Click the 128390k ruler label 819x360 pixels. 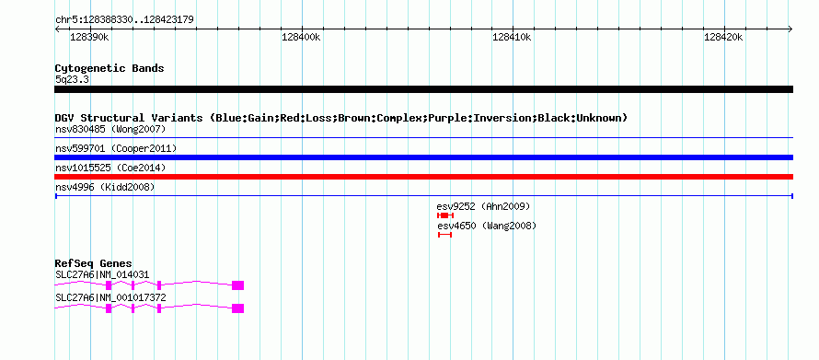[89, 37]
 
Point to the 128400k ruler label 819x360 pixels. [300, 37]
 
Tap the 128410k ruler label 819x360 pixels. [512, 37]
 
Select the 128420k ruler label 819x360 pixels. [723, 37]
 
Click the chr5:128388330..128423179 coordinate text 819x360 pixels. [124, 20]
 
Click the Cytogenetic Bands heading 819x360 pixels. [110, 68]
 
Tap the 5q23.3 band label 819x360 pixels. [71, 79]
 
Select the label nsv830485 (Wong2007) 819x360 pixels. [110, 129]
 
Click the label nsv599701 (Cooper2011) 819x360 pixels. [116, 149]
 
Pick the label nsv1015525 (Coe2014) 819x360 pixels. [110, 168]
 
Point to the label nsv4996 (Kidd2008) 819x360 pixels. [105, 187]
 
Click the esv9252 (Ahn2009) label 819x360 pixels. [483, 207]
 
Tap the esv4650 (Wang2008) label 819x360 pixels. [486, 226]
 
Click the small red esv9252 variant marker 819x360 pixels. [445, 215]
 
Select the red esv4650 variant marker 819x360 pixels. [444, 235]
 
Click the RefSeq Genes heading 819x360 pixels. [94, 263]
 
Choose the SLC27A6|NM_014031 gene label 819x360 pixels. [102, 274]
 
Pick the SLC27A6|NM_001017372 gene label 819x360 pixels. [110, 297]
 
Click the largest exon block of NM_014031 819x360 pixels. [237, 285]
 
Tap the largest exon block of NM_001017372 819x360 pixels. [237, 308]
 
